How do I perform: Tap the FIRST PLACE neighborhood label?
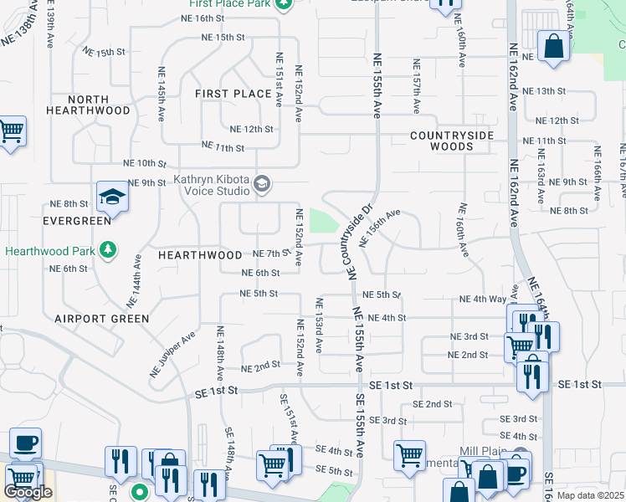(x=233, y=94)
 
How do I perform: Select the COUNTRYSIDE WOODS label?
(x=452, y=141)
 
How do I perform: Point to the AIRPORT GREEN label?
(x=102, y=319)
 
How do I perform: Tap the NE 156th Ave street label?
(x=380, y=228)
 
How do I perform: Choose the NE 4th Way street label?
(x=482, y=299)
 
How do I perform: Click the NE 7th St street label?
(x=269, y=254)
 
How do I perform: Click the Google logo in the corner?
(x=28, y=493)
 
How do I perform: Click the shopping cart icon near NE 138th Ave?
(x=11, y=131)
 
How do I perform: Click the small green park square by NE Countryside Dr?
(x=322, y=221)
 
